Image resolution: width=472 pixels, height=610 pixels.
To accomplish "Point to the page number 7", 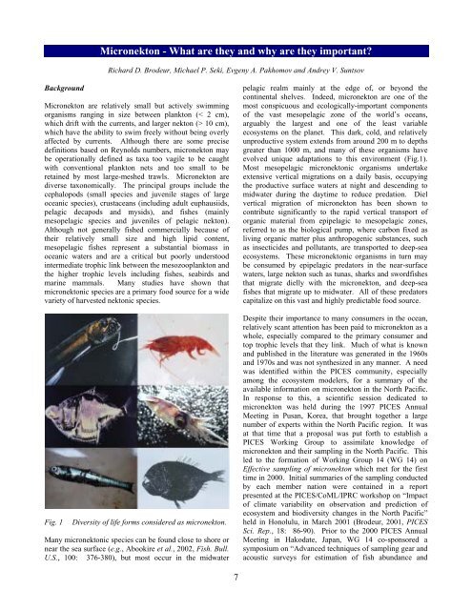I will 236,580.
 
